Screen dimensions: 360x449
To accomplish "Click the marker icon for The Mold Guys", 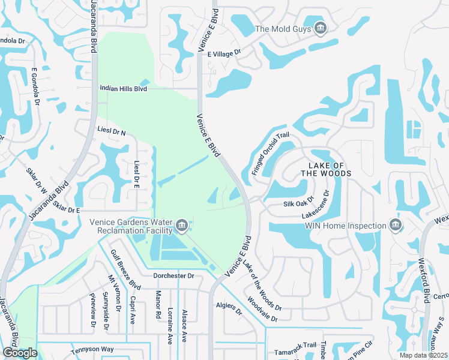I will (x=320, y=28).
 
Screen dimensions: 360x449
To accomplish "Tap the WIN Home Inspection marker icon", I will (x=395, y=226).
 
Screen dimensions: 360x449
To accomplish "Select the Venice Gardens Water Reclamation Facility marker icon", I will (x=181, y=226).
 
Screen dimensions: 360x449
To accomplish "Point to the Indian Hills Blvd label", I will (x=123, y=88).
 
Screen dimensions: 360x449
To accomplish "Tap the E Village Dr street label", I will (x=224, y=53).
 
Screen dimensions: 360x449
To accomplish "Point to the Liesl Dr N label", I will (x=112, y=131).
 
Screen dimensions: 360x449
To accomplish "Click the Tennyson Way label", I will (x=92, y=349).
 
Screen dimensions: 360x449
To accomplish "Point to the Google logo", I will (x=20, y=353).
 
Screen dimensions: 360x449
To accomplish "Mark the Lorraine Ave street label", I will (x=172, y=326).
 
